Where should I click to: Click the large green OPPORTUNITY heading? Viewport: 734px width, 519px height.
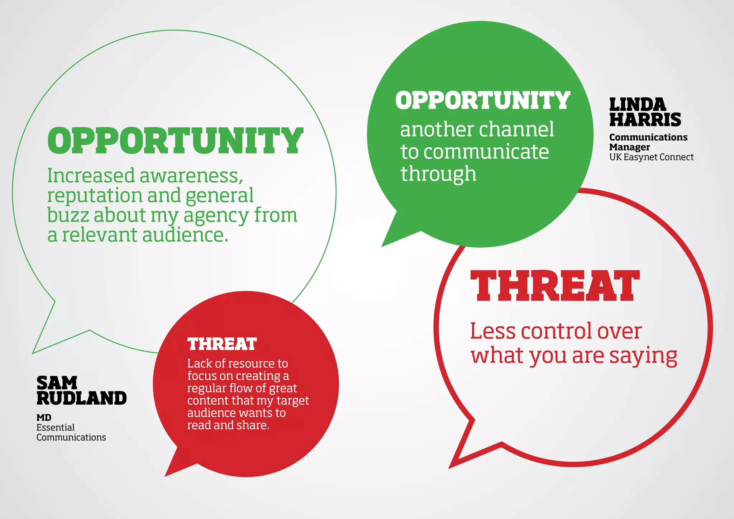tap(175, 141)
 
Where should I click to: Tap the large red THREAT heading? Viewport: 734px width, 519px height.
tap(555, 286)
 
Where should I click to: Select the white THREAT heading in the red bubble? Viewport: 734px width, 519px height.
tap(222, 344)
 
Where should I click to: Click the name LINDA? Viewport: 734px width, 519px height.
tap(638, 105)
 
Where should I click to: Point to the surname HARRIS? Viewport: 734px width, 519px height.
tap(645, 120)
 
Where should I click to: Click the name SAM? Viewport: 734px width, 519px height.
tap(57, 383)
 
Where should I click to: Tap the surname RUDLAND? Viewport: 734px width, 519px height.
tap(82, 398)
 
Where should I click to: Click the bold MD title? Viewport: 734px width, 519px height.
tap(44, 418)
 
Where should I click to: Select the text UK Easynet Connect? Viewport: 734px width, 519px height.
tap(651, 157)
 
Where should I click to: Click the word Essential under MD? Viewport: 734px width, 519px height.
tap(55, 428)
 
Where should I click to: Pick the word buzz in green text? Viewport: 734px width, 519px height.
tap(68, 215)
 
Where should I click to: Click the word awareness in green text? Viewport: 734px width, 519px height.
tap(191, 176)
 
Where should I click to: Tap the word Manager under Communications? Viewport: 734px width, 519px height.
tap(629, 147)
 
